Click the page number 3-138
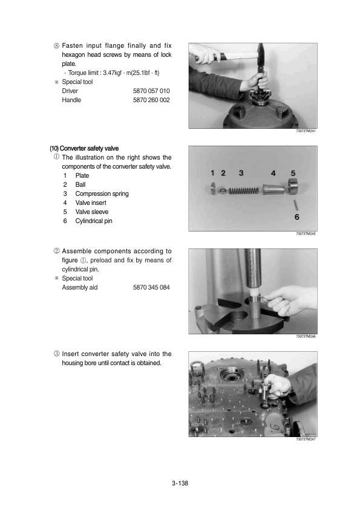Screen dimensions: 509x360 coord(180,484)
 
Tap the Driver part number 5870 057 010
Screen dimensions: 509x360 coord(151,91)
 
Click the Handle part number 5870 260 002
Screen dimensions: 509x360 coord(151,100)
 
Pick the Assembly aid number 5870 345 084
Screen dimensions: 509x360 coord(151,287)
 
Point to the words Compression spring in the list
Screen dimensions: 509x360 coord(102,193)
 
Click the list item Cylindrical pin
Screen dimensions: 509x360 coord(94,221)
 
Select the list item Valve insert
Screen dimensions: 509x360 coord(91,203)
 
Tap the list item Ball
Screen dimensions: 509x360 coord(81,184)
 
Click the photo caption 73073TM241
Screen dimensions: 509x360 coord(306,131)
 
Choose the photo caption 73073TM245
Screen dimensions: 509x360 coord(306,233)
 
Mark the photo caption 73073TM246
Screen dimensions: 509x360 coord(306,337)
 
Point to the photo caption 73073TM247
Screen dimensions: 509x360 coord(306,439)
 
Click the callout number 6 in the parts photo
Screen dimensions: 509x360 coord(297,216)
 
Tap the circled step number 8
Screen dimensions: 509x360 coord(57,45)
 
